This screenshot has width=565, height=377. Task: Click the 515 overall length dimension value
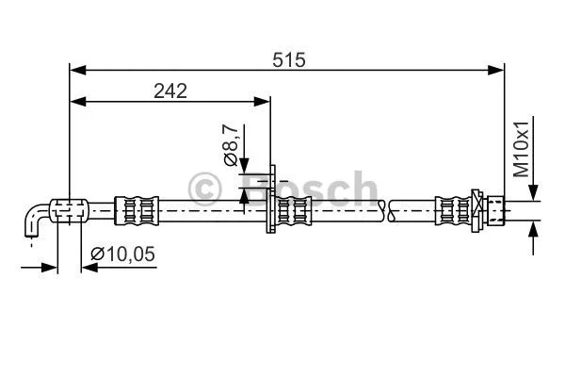tap(289, 58)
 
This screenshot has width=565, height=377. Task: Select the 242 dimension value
tap(169, 90)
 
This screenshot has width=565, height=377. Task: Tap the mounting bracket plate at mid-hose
tap(272, 201)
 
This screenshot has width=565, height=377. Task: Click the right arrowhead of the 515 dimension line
tap(498, 70)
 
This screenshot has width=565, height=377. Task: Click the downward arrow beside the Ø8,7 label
tap(244, 168)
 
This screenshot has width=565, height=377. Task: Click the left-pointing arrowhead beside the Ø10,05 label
tap(88, 268)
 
